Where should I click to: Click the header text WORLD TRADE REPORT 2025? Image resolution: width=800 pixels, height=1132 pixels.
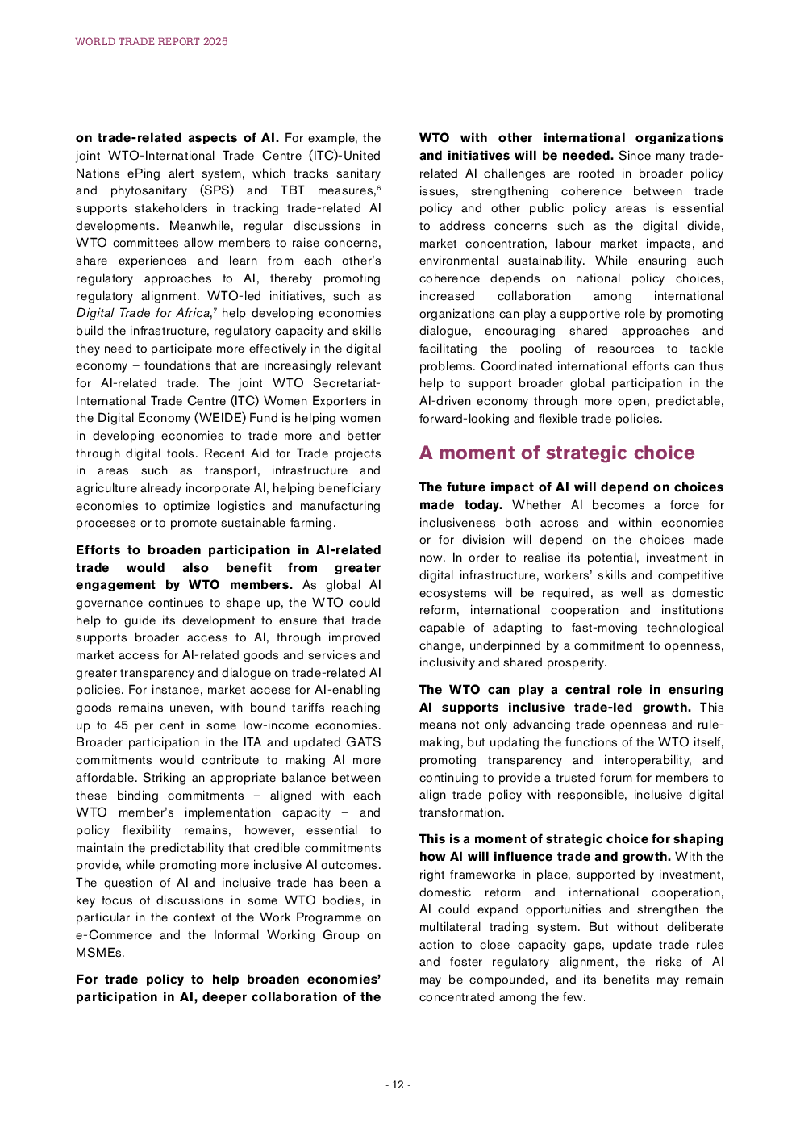point(152,41)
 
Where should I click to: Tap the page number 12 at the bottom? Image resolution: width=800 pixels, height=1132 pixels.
point(398,1084)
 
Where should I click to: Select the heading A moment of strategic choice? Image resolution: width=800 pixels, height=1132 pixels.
point(556,453)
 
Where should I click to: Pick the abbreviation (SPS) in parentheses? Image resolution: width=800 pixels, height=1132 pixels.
point(217,190)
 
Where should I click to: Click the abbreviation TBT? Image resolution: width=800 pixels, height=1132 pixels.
point(292,190)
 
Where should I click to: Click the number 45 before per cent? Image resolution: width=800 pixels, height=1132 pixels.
point(121,725)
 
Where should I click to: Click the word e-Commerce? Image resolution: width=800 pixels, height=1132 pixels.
point(114,935)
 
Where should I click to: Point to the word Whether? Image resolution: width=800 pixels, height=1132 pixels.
point(536,505)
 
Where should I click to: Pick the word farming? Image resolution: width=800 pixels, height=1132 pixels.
point(310,523)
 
